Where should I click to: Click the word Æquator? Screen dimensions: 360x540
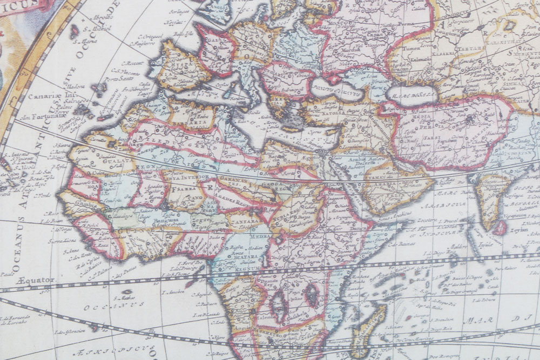pos(36,280)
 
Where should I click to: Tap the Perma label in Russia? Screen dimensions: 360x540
pos(401,25)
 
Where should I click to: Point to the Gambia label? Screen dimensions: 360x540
pos(72,206)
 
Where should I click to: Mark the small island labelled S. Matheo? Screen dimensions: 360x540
pos(127,292)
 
